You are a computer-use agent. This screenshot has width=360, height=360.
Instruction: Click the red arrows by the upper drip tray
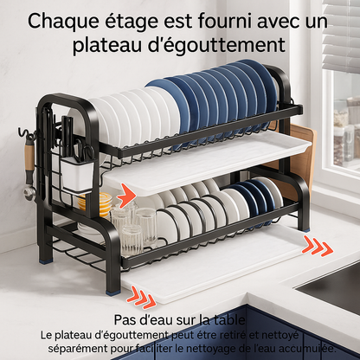click(x=123, y=190)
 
